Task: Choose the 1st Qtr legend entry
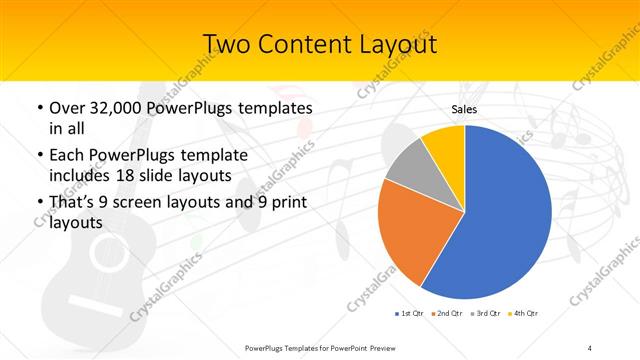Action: pyautogui.click(x=409, y=314)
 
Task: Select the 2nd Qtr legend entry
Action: pyautogui.click(x=448, y=314)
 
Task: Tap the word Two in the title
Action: pyautogui.click(x=228, y=44)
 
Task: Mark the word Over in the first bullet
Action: pyautogui.click(x=66, y=108)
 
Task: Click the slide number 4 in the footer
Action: pyautogui.click(x=589, y=347)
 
